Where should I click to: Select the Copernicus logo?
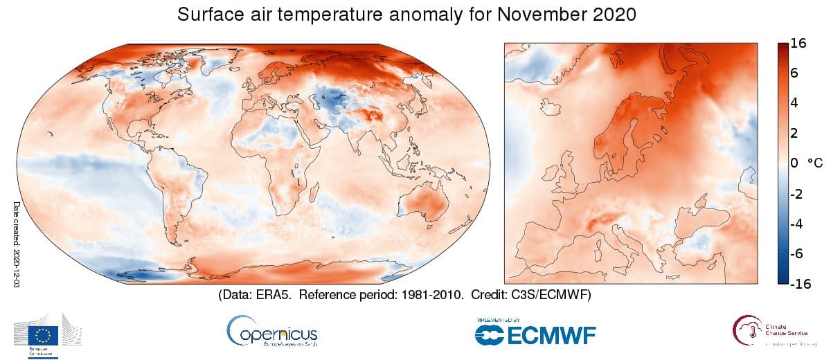[x=271, y=332]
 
